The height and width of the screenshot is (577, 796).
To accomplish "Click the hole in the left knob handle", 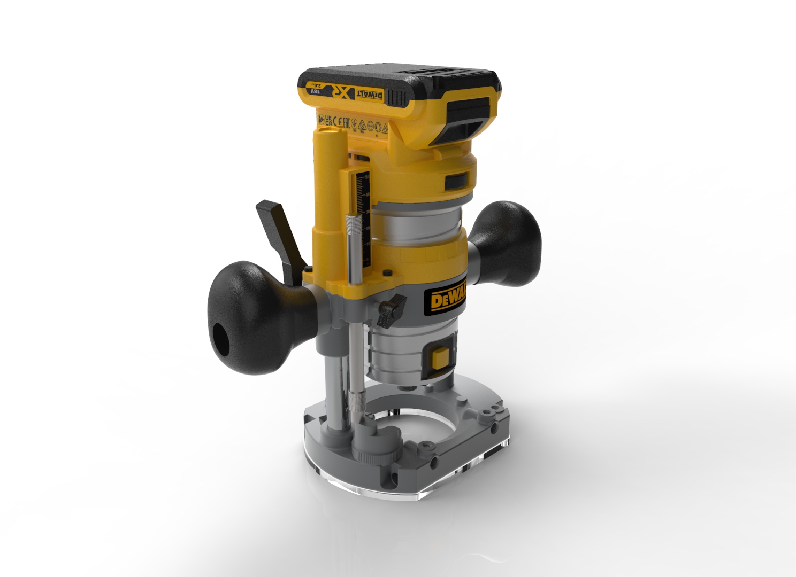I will tap(220, 336).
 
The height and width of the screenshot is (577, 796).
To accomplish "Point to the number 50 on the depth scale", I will tap(367, 176).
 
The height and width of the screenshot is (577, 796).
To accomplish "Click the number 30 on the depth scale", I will tap(367, 212).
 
